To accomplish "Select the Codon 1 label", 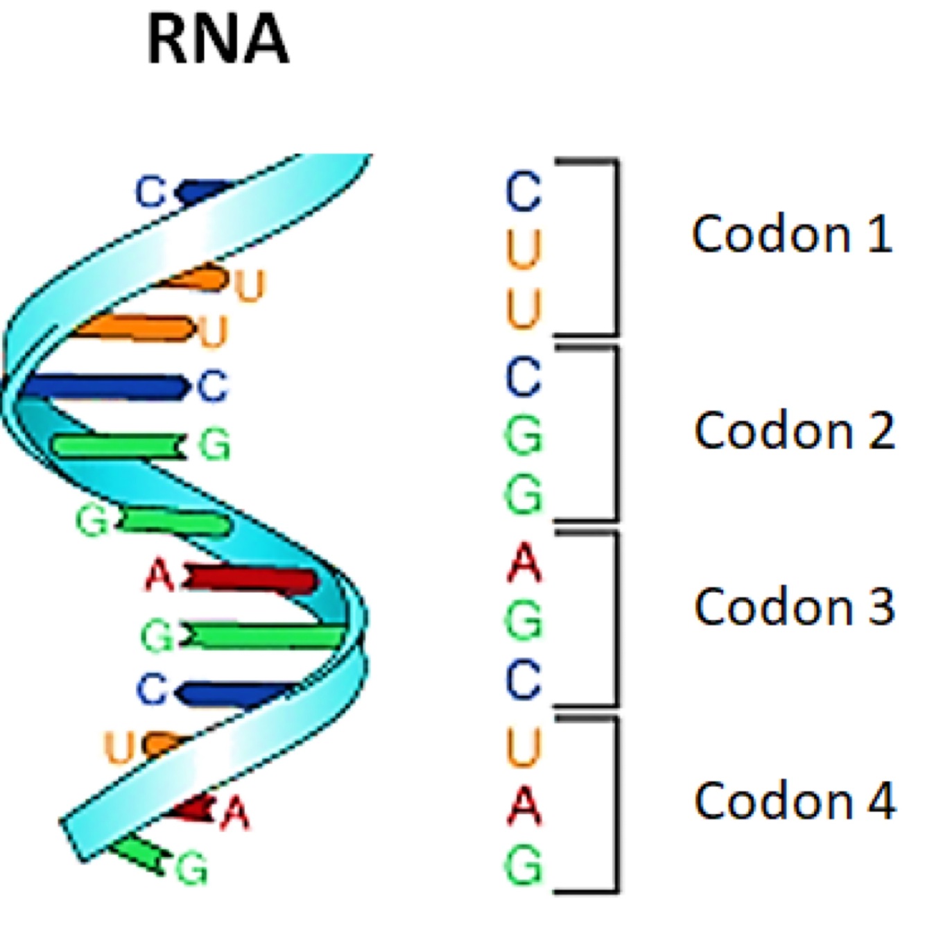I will pos(792,234).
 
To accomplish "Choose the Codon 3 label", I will pos(794,607).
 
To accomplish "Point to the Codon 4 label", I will pos(795,801).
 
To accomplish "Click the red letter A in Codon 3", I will pos(524,563).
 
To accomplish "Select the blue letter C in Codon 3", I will pos(524,680).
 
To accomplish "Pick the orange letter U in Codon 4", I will pos(524,747).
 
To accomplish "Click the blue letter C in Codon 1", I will pos(524,191).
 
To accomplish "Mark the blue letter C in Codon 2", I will pos(524,377).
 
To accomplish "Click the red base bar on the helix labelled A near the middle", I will pos(253,580).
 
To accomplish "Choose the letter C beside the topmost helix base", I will pos(150,192).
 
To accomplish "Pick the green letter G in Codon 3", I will pos(524,622).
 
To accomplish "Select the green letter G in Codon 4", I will pos(524,865).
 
